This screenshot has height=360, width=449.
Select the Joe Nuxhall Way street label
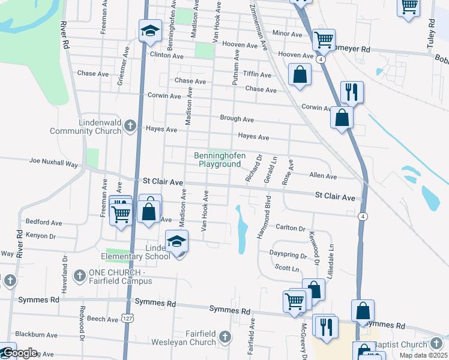(x=55, y=162)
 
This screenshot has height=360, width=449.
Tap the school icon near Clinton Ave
(x=150, y=31)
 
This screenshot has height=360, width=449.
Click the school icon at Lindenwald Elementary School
(x=176, y=241)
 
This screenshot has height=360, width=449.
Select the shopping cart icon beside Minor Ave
(x=324, y=40)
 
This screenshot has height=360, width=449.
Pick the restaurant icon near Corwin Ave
(x=352, y=92)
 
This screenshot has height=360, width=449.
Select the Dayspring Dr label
(x=288, y=254)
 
